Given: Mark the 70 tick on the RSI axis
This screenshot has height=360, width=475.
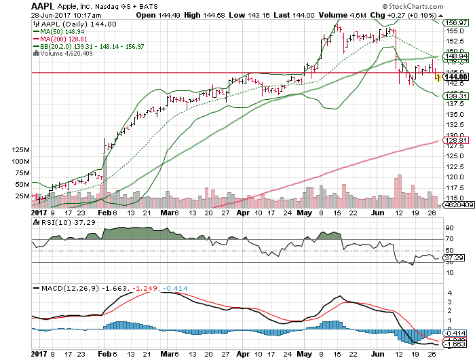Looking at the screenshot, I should (449, 239).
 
